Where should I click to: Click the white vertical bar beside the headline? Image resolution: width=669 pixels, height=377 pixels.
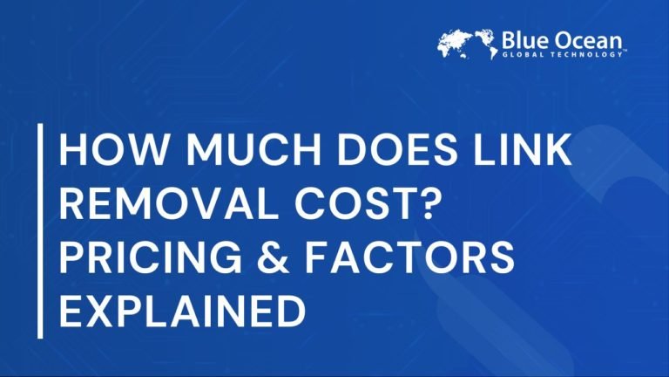tap(40, 231)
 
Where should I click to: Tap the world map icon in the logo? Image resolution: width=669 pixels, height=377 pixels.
tap(467, 44)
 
